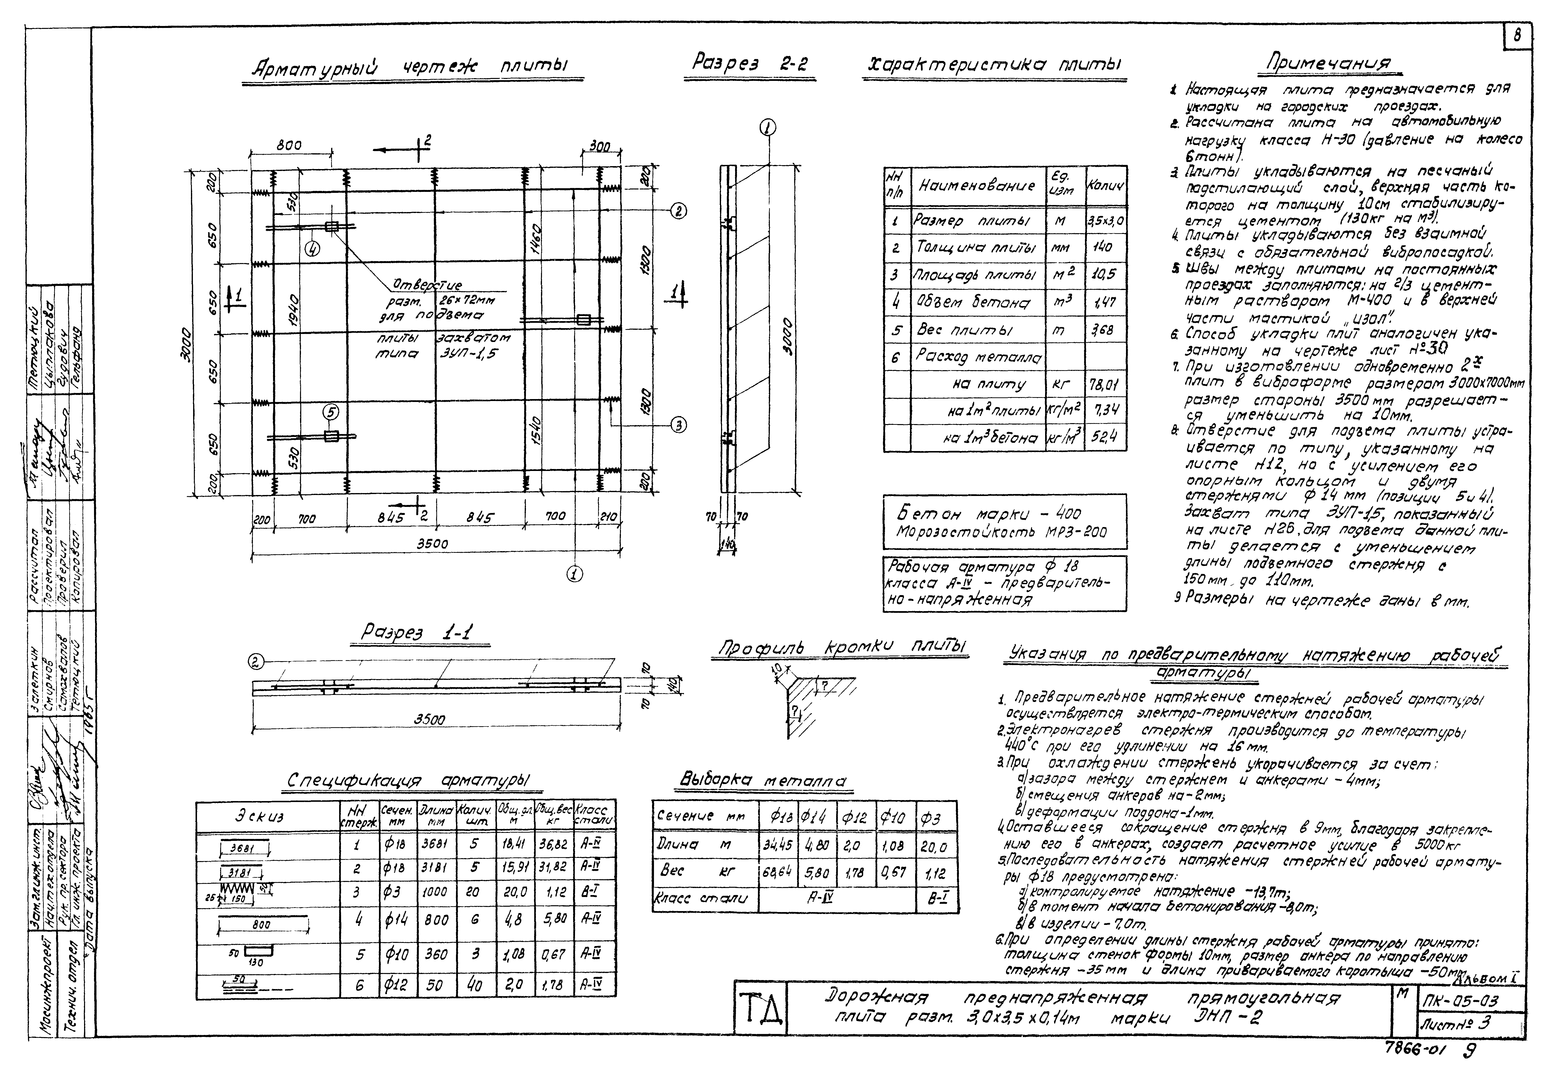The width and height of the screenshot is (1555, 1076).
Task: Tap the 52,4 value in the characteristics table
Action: pos(1104,437)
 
